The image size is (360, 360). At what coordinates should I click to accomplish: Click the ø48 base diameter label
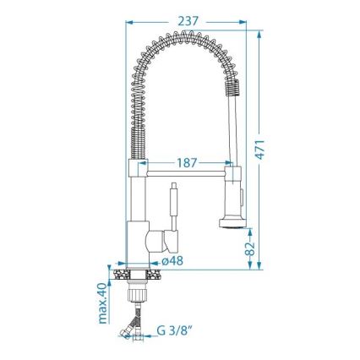tap(173, 261)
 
